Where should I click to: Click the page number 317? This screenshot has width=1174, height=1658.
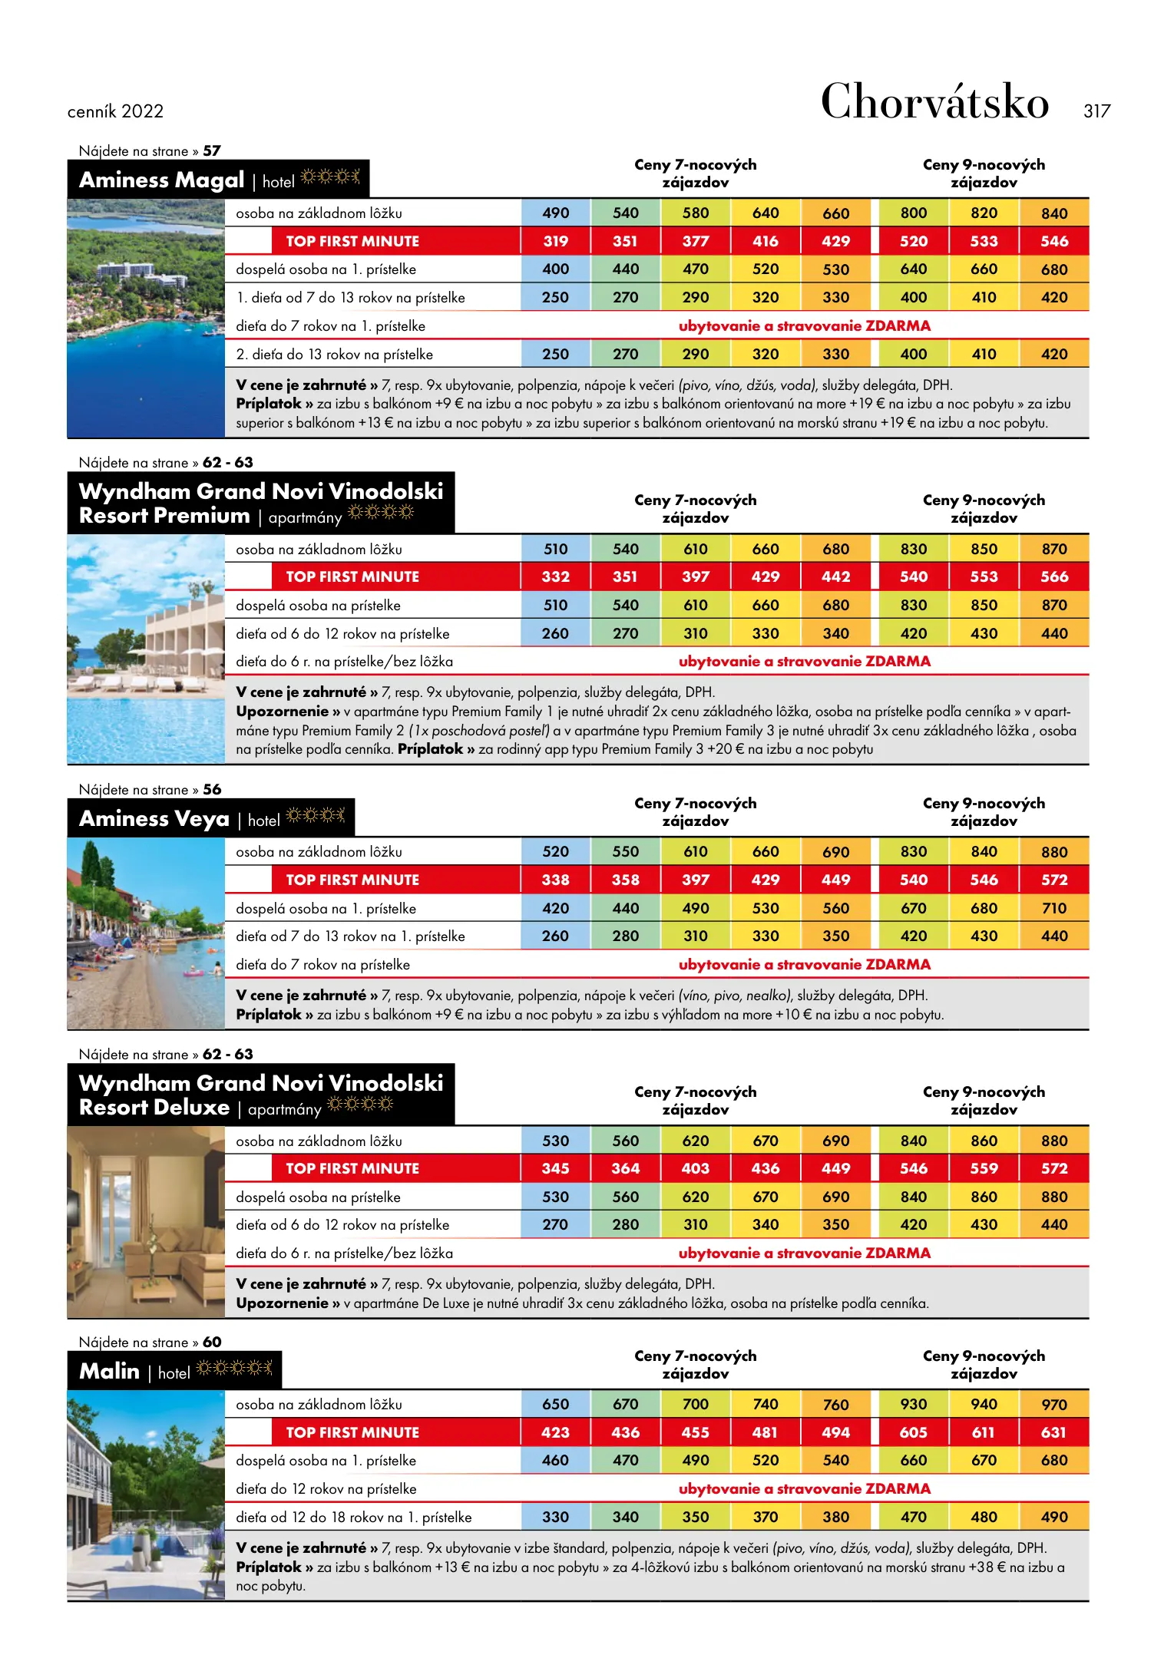click(1096, 111)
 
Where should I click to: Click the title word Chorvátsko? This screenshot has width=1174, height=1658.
click(934, 102)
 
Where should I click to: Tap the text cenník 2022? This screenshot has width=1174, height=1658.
click(115, 111)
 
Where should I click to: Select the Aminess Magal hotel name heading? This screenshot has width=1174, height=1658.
click(161, 180)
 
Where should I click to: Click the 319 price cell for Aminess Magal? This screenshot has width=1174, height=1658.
click(555, 241)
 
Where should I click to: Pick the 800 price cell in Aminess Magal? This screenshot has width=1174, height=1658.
click(913, 213)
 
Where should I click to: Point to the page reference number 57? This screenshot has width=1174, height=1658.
click(212, 151)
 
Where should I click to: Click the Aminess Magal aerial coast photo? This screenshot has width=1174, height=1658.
click(146, 318)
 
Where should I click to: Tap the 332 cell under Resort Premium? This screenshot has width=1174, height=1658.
click(555, 576)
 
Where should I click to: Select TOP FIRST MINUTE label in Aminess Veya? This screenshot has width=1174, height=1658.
click(352, 880)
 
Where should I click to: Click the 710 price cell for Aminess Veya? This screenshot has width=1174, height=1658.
click(1053, 908)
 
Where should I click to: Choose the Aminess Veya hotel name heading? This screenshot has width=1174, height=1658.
click(154, 819)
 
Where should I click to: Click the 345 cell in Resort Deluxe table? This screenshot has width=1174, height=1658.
click(555, 1168)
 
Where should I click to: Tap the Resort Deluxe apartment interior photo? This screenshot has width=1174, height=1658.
click(146, 1222)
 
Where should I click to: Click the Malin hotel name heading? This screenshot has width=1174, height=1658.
click(109, 1372)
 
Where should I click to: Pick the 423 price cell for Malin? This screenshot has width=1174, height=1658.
click(555, 1432)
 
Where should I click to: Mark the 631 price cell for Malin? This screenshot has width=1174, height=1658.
click(1053, 1432)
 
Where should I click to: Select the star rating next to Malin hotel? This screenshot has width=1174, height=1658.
click(234, 1368)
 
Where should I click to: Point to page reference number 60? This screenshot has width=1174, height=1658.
click(212, 1342)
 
